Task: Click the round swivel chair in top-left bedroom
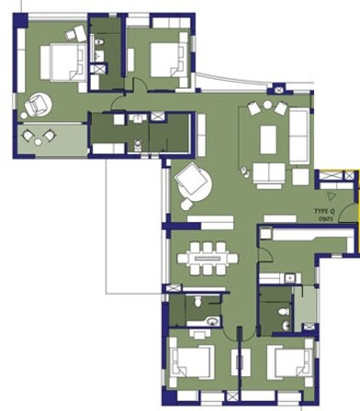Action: (38, 106)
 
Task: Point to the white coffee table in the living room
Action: (268, 139)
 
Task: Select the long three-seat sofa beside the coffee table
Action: (299, 136)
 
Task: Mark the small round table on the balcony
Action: (37, 138)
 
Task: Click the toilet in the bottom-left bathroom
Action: (211, 320)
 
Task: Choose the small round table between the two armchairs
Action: (267, 107)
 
